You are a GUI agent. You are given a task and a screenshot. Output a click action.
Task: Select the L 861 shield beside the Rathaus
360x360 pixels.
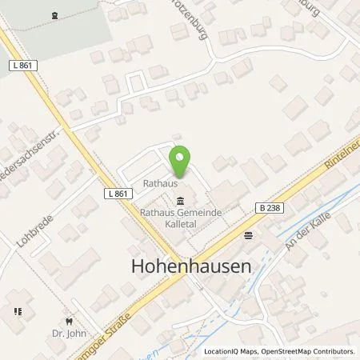coord(117,193)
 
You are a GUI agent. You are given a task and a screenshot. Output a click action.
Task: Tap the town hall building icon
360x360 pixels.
coord(180,201)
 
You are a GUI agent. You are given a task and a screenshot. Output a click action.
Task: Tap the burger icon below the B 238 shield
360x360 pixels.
coord(248,235)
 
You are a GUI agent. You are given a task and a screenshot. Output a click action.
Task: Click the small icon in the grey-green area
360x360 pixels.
coord(54,14)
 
